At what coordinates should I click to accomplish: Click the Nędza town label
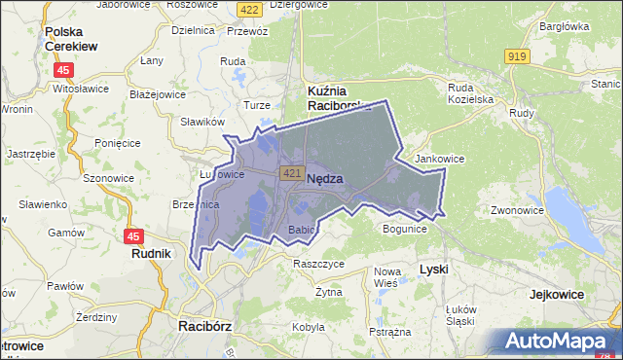pyautogui.click(x=324, y=179)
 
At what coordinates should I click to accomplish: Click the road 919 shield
pyautogui.click(x=517, y=57)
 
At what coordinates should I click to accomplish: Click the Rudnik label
pyautogui.click(x=151, y=253)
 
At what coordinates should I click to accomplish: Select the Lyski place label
pyautogui.click(x=433, y=268)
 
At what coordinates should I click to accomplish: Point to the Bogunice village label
pyautogui.click(x=405, y=230)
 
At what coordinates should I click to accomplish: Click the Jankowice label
pyautogui.click(x=439, y=159)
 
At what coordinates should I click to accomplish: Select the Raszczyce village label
pyautogui.click(x=318, y=263)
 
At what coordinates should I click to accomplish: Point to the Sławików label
pyautogui.click(x=202, y=123)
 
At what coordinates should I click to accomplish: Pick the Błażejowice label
pyautogui.click(x=157, y=95)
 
